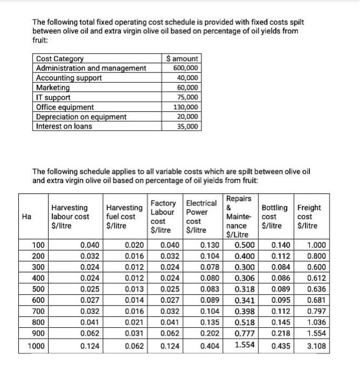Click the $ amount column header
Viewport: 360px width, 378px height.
pos(183,59)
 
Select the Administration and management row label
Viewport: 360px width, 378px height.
pos(91,68)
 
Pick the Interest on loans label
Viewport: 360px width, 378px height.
pos(64,126)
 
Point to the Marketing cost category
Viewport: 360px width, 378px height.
pos(53,87)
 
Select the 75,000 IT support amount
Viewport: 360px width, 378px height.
pos(187,97)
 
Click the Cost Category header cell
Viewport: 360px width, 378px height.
pos(59,59)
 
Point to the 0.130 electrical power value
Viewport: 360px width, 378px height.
pos(209,245)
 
